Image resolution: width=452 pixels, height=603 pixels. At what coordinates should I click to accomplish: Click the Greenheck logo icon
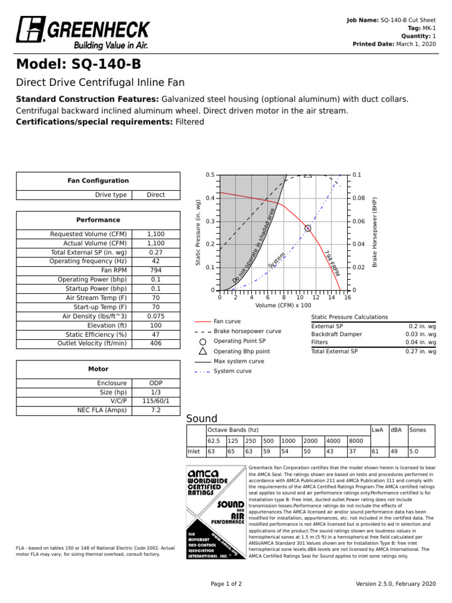click(29, 29)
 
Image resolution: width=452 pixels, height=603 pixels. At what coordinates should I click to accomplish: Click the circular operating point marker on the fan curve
click(307, 228)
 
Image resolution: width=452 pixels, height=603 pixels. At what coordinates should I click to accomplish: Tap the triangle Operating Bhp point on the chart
click(308, 174)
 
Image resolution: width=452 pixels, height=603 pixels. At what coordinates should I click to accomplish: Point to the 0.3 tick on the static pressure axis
click(210, 221)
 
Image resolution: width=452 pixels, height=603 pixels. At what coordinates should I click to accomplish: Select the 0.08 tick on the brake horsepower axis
click(359, 198)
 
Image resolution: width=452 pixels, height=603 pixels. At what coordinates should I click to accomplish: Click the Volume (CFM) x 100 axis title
click(284, 306)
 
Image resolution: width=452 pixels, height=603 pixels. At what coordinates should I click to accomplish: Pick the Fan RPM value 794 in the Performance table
click(155, 270)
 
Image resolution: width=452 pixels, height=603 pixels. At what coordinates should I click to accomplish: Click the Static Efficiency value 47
click(155, 334)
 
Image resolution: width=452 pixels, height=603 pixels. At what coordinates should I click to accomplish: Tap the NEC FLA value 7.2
click(155, 410)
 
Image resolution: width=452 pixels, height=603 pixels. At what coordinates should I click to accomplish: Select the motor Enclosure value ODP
click(155, 383)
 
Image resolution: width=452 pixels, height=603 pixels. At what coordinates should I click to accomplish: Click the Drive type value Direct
click(155, 195)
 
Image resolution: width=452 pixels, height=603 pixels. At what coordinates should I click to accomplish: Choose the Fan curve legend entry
click(227, 322)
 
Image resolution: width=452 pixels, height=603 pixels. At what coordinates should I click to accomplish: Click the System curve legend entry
click(232, 371)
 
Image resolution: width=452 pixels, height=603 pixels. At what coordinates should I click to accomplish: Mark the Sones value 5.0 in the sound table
click(414, 452)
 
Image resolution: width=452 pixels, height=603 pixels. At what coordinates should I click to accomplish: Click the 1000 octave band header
click(288, 440)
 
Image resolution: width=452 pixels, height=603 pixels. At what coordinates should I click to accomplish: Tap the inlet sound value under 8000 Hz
click(352, 452)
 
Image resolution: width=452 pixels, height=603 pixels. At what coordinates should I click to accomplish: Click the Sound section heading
click(202, 419)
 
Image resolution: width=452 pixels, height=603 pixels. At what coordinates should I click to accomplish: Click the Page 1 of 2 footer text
click(226, 584)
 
